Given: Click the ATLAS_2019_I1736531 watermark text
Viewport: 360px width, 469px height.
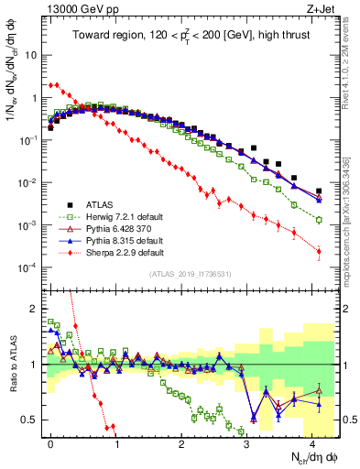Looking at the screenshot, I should pos(194,274).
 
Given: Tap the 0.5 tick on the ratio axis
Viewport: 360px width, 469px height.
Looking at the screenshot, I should pos(33,420).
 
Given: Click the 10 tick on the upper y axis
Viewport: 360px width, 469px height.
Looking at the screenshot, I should pos(32,55).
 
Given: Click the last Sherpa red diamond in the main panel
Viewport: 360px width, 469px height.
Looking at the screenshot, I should pos(319,251).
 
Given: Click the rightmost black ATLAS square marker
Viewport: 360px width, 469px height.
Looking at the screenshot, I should pos(319,191).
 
